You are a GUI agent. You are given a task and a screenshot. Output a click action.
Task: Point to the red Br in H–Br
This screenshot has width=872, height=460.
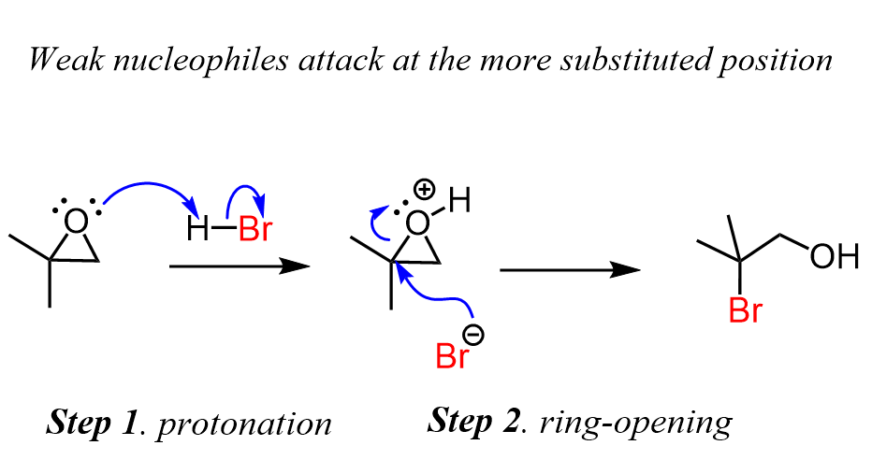pos(254,230)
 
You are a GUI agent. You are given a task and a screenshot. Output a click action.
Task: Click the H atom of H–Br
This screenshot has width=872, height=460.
pos(197,230)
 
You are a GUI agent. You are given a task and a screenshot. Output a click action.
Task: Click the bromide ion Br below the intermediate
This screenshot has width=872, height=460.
pos(453,356)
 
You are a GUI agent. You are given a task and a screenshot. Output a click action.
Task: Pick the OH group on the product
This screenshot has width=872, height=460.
pos(834,255)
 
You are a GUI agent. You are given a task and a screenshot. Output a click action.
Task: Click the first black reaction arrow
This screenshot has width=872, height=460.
pos(239,266)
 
